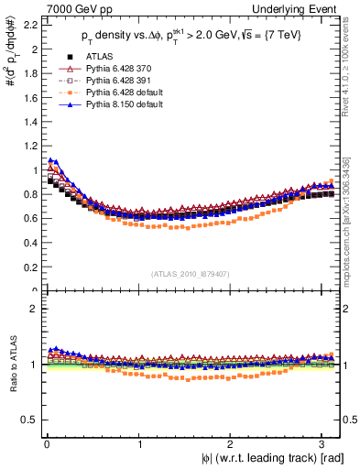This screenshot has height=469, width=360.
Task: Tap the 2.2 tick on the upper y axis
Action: [29, 23]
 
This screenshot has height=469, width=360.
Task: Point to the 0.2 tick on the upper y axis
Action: [29, 267]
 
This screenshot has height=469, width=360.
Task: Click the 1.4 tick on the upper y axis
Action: [29, 121]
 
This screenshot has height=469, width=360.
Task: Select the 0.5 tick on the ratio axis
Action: [29, 420]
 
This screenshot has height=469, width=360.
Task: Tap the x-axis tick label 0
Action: [46, 443]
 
